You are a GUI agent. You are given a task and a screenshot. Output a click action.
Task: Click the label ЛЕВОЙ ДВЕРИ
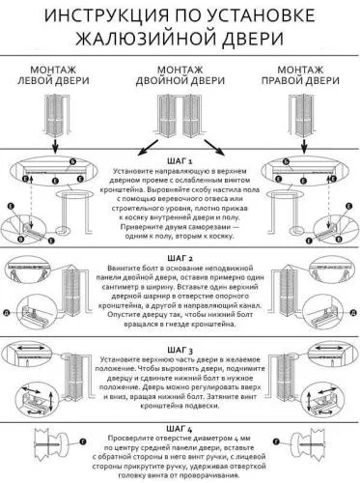point(55,81)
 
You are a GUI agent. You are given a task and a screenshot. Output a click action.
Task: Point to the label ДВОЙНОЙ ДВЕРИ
point(180,81)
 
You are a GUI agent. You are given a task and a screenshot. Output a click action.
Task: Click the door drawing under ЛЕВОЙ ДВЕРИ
point(54,111)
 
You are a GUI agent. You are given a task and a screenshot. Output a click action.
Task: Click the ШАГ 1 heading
point(180,161)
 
